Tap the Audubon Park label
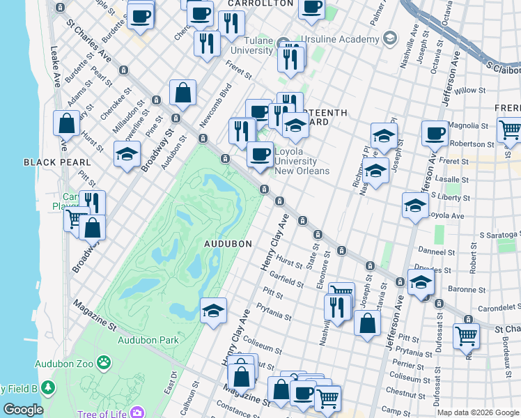click(x=148, y=340)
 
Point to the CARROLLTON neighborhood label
click(x=260, y=3)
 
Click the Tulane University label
click(x=251, y=45)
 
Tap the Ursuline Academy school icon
click(x=390, y=36)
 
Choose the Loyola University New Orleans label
click(x=302, y=161)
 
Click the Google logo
click(x=22, y=410)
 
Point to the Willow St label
click(x=469, y=91)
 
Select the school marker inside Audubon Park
click(x=213, y=311)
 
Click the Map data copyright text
click(x=478, y=412)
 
